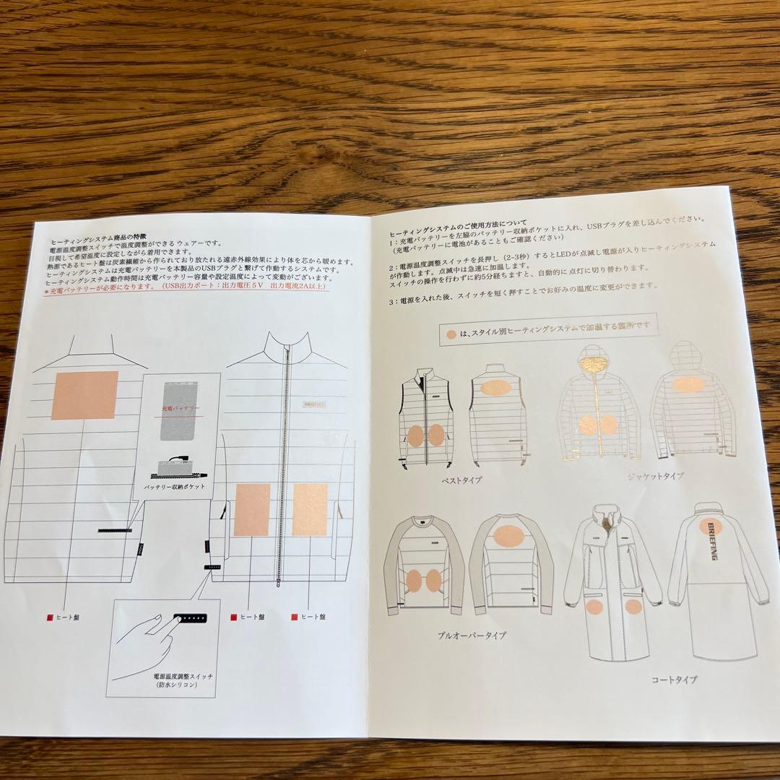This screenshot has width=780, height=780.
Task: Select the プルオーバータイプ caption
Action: (x=471, y=636)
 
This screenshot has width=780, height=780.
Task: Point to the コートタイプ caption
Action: (x=673, y=679)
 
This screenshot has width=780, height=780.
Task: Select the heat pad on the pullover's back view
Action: (x=509, y=535)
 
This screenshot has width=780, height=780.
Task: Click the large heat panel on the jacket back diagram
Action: (x=84, y=395)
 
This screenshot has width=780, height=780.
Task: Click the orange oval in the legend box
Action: (x=451, y=334)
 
